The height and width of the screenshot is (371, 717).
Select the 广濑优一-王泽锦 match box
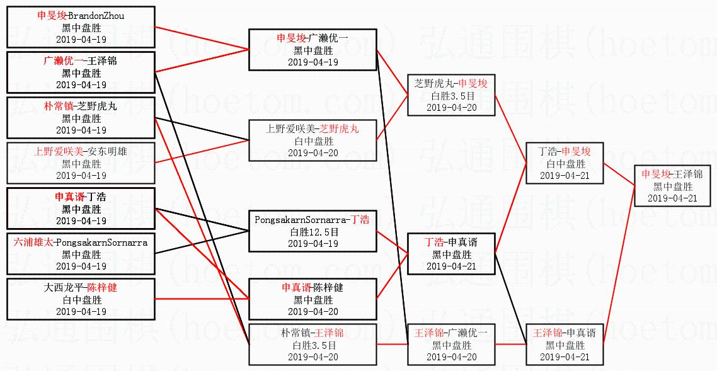coord(81,72)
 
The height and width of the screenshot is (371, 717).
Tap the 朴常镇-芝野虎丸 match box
coord(81,118)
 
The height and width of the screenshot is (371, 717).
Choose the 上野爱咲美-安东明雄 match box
coord(81,163)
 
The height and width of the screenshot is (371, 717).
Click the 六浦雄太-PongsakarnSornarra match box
coord(81,254)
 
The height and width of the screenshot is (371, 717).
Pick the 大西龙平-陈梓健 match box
coord(81,299)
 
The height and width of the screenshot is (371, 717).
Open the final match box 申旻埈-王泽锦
coord(672,186)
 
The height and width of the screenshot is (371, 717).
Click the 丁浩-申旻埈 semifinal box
coord(565,163)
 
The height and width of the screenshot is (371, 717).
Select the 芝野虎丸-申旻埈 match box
coord(450,95)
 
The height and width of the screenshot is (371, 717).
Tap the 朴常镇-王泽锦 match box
coord(313,345)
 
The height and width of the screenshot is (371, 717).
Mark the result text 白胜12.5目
coord(313,232)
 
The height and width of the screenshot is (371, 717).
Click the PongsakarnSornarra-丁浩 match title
coord(312,220)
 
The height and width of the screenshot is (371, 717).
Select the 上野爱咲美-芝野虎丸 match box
coord(313,140)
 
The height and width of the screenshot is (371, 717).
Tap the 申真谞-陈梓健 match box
coord(313,299)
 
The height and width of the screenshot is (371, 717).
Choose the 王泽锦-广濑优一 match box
coord(450,345)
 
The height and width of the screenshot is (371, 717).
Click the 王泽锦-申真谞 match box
coord(565,345)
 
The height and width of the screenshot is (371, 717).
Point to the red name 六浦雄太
coord(34,243)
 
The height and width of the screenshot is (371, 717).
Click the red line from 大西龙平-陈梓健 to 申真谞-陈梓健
coord(202,299)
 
